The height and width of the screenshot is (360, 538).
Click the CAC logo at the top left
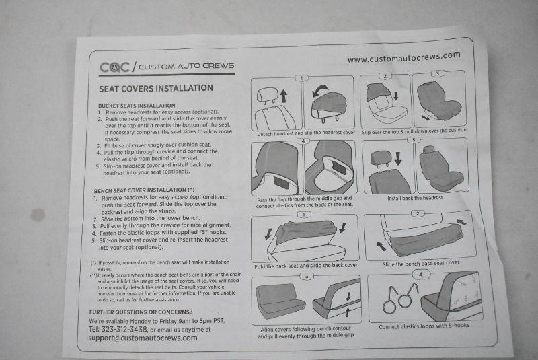point(114,67)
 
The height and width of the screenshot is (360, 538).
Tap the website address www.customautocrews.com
point(404,57)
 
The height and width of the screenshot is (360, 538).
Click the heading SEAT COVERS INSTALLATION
point(156,89)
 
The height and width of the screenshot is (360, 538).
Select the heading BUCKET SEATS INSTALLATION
point(137,106)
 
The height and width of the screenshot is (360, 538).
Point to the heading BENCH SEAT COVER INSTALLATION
point(144,190)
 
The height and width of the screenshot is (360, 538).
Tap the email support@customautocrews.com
point(143,338)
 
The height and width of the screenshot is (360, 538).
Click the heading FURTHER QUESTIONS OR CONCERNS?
point(141,312)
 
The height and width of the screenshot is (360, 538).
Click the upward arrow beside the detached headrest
point(283,96)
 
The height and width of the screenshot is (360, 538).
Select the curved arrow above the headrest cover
point(320,90)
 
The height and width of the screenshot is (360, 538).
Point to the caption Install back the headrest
point(415,198)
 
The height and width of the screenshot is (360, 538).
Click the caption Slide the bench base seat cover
point(421,264)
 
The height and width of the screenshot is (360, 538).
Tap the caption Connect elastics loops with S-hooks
point(424,326)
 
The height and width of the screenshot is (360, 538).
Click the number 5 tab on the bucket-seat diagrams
point(414,140)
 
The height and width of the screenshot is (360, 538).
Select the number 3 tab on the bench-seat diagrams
point(307,277)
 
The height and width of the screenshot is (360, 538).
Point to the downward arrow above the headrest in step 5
point(398,159)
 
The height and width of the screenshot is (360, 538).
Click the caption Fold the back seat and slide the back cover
point(306,266)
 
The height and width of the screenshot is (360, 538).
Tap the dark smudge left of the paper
point(38,215)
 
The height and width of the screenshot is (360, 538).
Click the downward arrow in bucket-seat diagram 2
point(395,96)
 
